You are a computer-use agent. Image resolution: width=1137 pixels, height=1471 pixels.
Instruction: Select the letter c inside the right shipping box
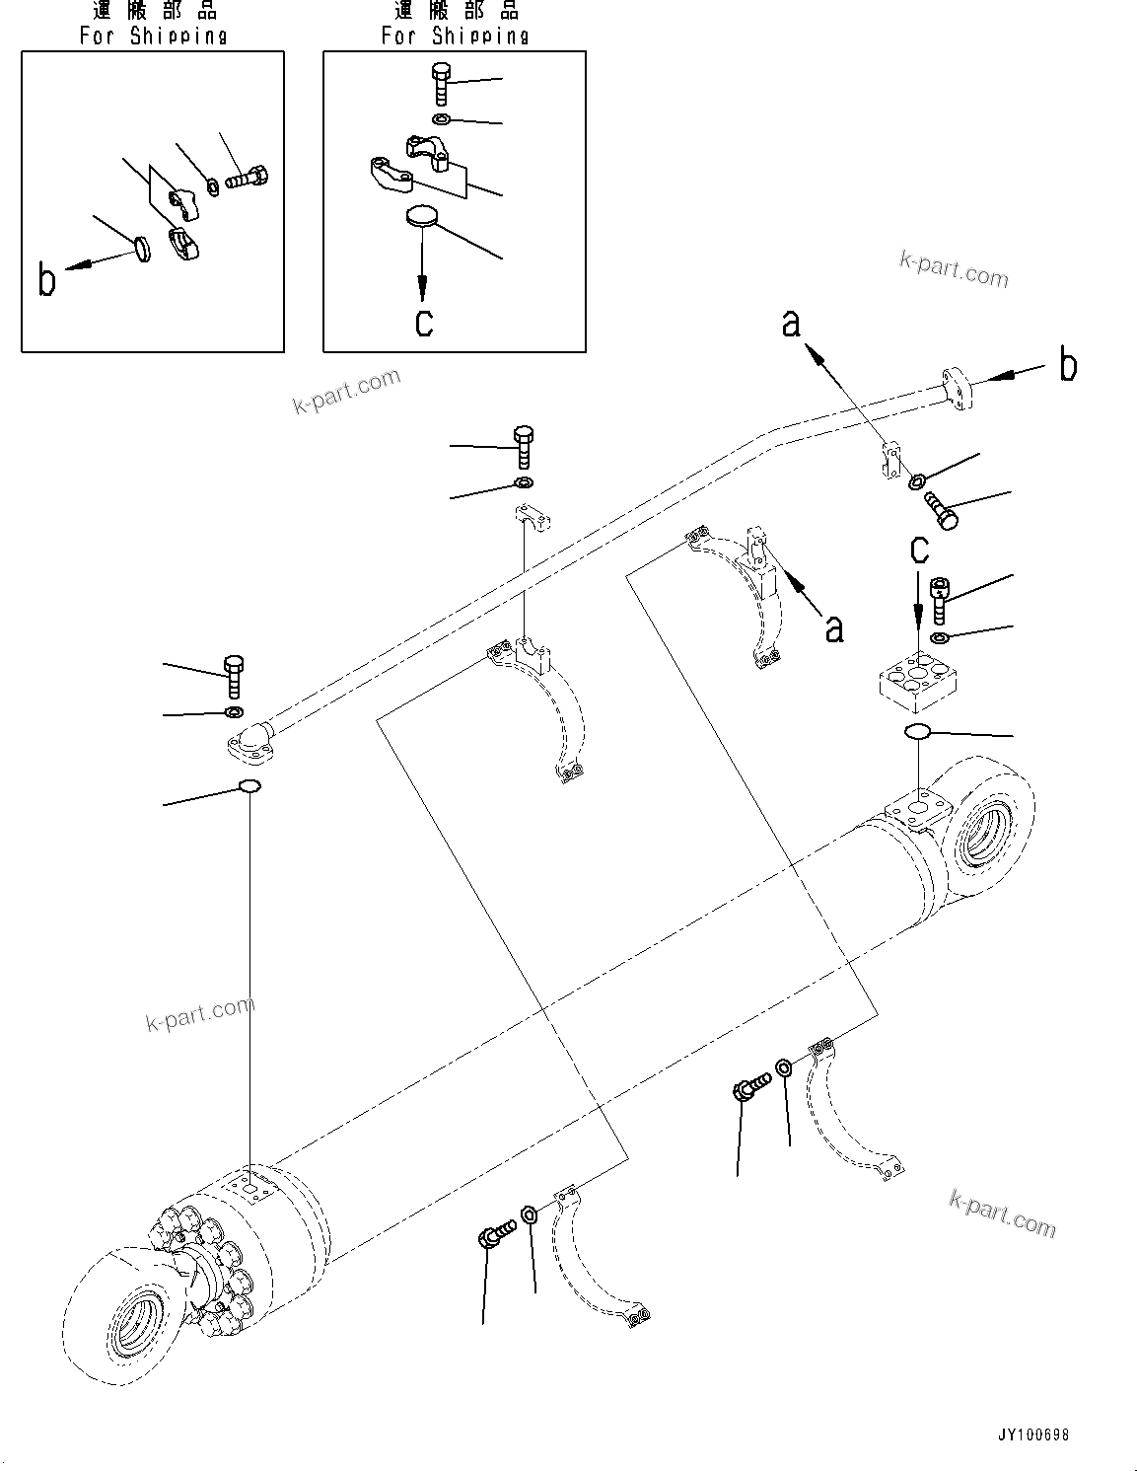pos(424,322)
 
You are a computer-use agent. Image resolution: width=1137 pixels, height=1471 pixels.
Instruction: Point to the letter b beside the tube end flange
pos(1068,365)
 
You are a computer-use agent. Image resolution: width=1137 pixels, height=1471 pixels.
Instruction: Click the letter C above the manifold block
pos(919,550)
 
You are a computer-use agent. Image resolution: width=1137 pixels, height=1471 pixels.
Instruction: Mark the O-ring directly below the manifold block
pos(916,731)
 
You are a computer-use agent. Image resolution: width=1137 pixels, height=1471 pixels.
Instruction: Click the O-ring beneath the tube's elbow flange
pos(249,786)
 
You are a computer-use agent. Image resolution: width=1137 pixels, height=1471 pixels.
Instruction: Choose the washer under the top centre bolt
pos(524,482)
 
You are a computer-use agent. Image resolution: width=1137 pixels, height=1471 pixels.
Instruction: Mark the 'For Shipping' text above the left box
pos(153,37)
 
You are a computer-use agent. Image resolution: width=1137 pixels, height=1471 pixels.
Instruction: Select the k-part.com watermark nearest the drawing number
pos(1001,1214)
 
